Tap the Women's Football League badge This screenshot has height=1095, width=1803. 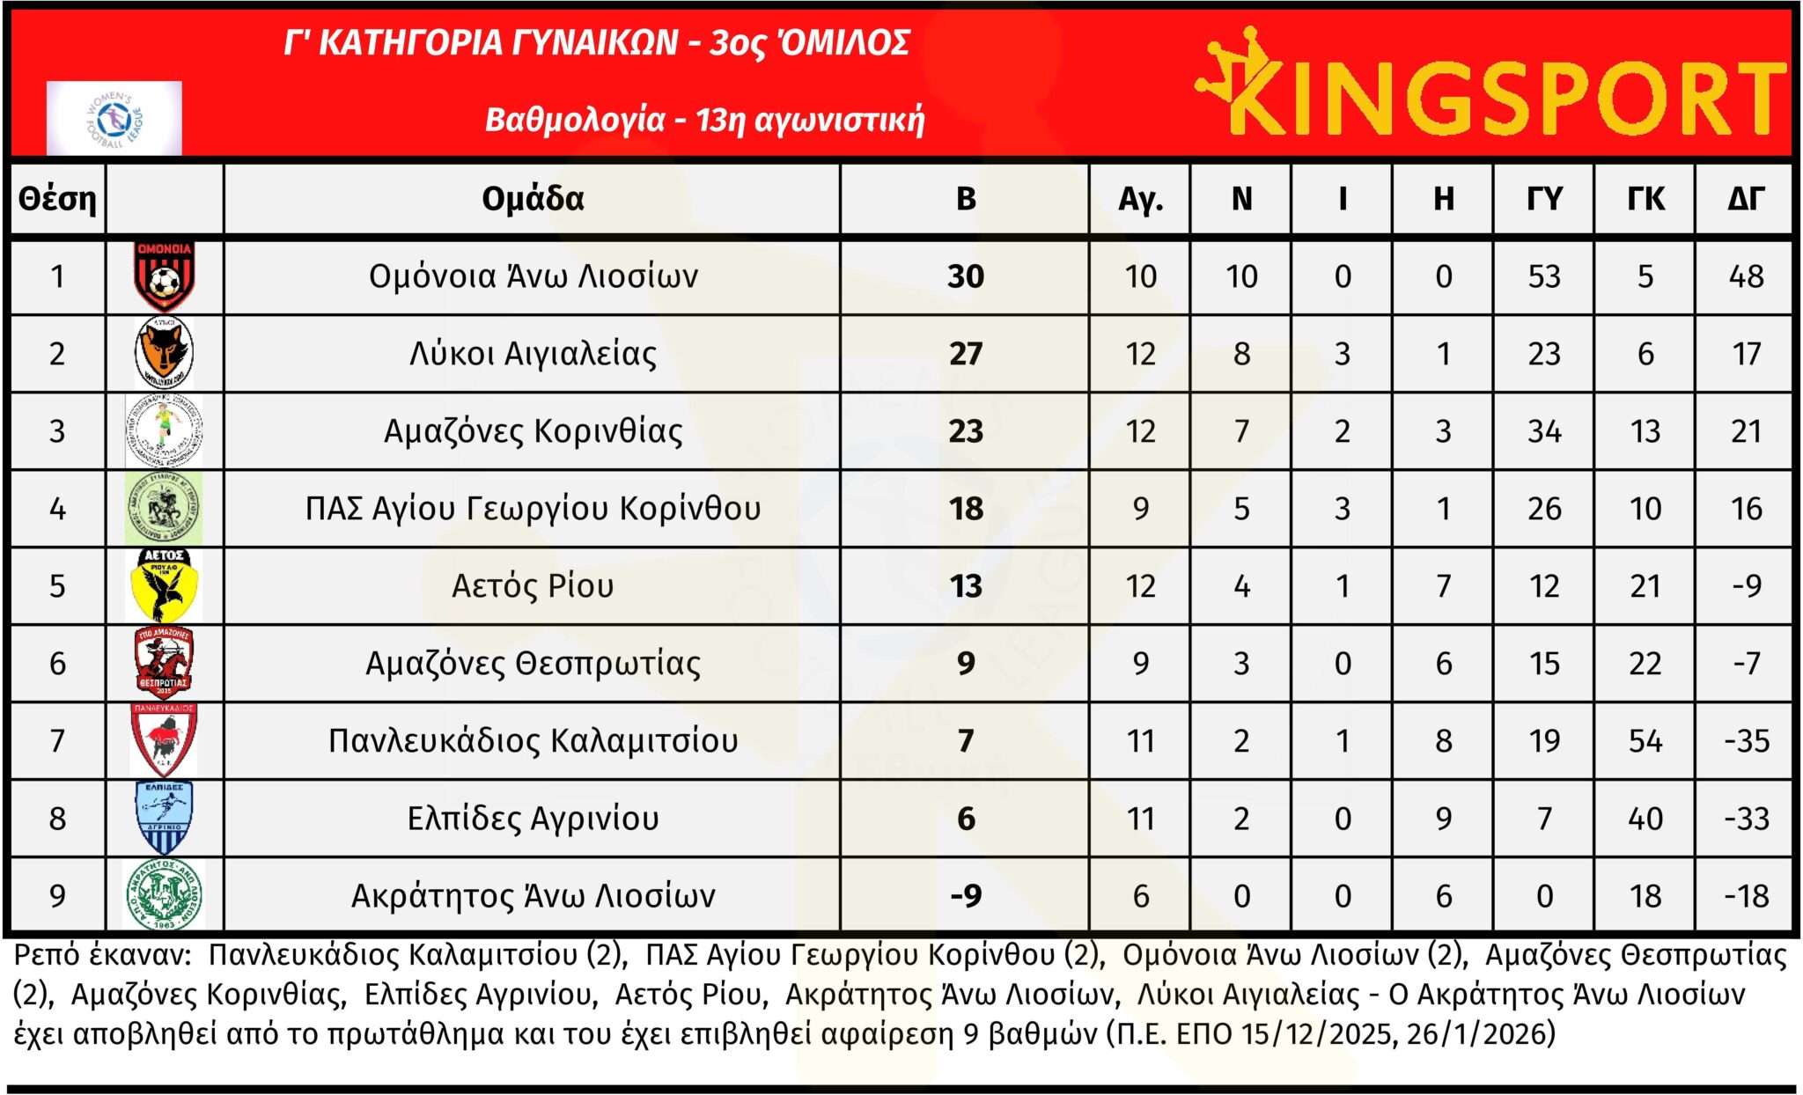[x=114, y=118]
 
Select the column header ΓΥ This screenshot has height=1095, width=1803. [x=1544, y=199]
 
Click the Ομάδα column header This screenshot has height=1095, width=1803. [x=533, y=199]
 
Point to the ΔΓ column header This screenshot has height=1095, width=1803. [x=1746, y=199]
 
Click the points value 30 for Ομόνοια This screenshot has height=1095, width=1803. [x=966, y=276]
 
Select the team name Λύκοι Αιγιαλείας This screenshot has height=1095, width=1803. [x=533, y=354]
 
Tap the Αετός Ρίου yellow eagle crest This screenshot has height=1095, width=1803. [x=164, y=585]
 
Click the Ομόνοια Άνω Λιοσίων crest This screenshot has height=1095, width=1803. [x=164, y=276]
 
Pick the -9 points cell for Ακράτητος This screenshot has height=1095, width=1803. [x=966, y=896]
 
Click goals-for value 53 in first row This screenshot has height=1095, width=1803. [x=1544, y=276]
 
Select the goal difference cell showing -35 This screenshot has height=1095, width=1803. [x=1746, y=741]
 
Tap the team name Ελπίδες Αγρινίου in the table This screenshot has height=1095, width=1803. [x=533, y=819]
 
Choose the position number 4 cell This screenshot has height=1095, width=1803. [x=57, y=509]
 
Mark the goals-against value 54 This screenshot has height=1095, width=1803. [x=1645, y=741]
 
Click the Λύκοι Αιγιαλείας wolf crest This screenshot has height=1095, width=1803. [x=164, y=353]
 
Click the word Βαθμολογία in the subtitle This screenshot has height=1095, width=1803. [x=574, y=120]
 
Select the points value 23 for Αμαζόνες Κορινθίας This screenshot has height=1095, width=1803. [x=966, y=431]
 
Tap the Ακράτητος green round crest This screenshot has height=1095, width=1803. [x=164, y=895]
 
